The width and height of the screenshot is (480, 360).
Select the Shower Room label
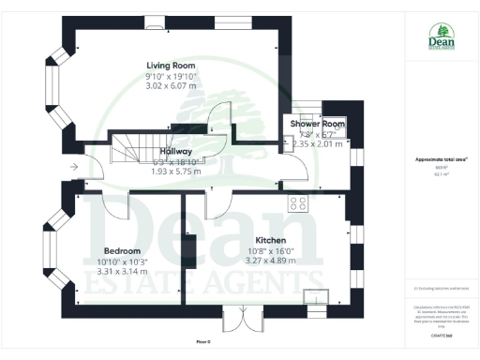click(x=317, y=124)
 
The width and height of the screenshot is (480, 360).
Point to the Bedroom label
click(x=122, y=251)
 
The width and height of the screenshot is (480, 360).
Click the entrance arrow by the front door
click(x=74, y=168)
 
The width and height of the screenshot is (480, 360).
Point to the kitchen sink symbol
click(x=314, y=296)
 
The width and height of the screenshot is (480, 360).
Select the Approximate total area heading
click(x=434, y=160)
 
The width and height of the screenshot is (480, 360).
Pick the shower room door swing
click(x=298, y=166)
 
